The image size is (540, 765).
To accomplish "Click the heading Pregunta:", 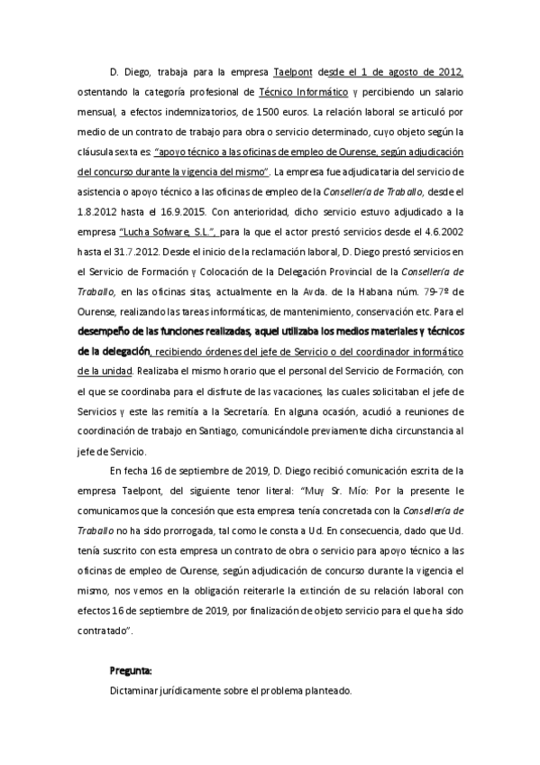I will (x=130, y=671).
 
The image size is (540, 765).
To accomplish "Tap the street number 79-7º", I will (x=426, y=292).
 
